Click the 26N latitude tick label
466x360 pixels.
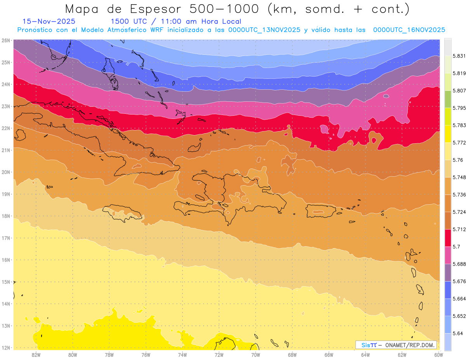coord(5,40)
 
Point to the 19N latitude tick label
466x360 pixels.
coord(5,194)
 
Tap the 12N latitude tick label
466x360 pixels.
coord(5,348)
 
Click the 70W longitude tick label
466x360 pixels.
coord(256,355)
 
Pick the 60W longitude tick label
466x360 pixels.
coord(439,355)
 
